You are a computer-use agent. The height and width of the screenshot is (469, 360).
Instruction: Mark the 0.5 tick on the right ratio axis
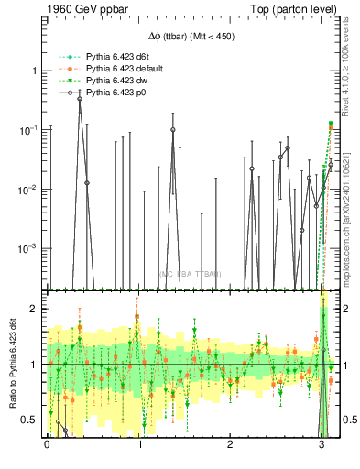(346, 420)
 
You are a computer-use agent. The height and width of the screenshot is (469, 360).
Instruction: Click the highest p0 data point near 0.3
(80, 98)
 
